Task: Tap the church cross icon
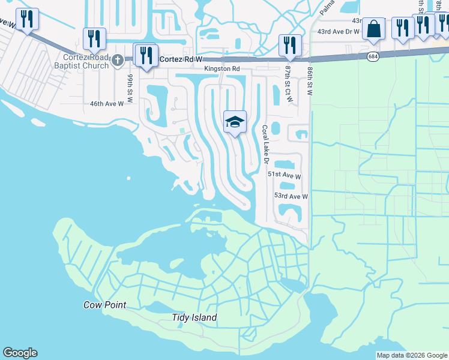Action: [x=118, y=60]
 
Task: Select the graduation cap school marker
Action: [x=235, y=122]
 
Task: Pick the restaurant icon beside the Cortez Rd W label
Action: [x=147, y=56]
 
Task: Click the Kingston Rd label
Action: [x=221, y=69]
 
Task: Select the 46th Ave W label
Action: [x=106, y=103]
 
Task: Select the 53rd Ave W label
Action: [x=291, y=196]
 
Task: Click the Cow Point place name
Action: [x=104, y=305]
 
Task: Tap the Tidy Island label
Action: [x=194, y=317]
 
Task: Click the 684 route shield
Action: [x=373, y=56]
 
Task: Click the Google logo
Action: [x=20, y=353]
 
